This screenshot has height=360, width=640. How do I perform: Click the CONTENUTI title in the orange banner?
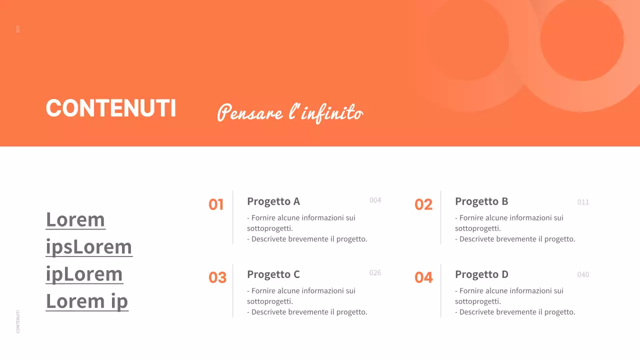pos(110,108)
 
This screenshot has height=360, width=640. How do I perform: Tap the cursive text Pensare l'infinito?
pos(290,112)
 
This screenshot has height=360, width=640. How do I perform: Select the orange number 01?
pos(216,204)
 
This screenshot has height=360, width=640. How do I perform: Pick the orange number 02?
pos(423,204)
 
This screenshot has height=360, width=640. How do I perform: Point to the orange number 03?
pos(217,277)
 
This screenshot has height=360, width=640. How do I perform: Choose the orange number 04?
pos(423,277)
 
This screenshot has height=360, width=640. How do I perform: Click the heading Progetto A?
pos(273,201)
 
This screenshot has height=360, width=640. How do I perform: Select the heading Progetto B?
pos(481,201)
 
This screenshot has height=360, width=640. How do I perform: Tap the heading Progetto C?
pos(273,274)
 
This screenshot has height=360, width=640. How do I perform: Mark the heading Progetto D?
pos(481,274)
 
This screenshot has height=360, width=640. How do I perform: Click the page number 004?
pos(375,200)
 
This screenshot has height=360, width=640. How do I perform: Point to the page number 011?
pos(583,202)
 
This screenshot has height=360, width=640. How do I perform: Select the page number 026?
pos(375,273)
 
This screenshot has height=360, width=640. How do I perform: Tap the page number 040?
pos(583,275)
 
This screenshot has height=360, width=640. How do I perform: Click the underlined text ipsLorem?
pos(89,247)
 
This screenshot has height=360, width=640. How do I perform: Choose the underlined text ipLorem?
pos(84,274)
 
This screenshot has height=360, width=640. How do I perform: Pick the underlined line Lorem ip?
pos(87,301)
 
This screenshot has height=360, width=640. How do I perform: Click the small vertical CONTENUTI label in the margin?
pos(18,321)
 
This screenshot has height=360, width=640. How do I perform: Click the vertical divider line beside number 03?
pos(232,291)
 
